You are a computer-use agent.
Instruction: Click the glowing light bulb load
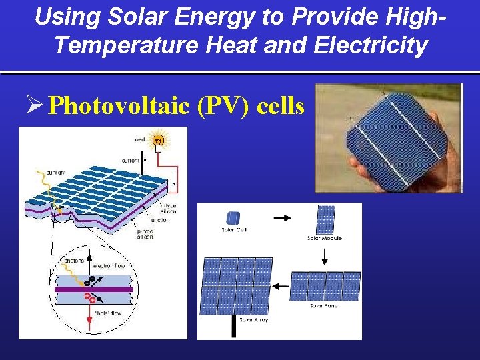pyautogui.click(x=159, y=140)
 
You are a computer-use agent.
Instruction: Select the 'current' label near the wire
pyautogui.click(x=130, y=161)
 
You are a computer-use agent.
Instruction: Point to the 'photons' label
pyautogui.click(x=73, y=260)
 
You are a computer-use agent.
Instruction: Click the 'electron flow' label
pyautogui.click(x=109, y=266)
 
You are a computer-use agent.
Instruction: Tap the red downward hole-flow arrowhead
pyautogui.click(x=87, y=325)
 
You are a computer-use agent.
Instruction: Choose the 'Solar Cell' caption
pyautogui.click(x=234, y=230)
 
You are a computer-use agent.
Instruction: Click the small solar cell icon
pyautogui.click(x=233, y=217)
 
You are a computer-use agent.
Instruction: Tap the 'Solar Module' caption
pyautogui.click(x=324, y=238)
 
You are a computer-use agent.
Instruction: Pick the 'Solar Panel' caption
pyautogui.click(x=325, y=306)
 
